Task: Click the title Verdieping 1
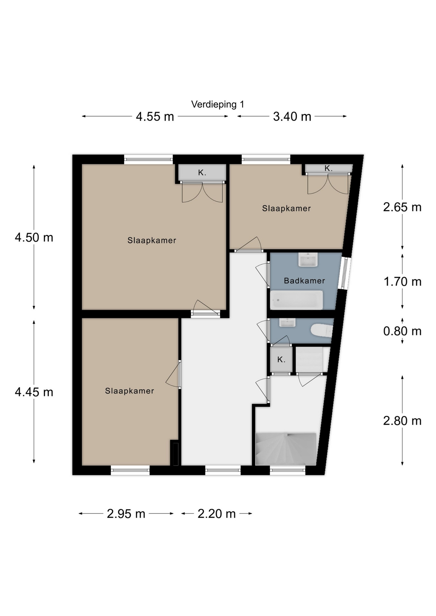217,104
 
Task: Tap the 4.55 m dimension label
155,116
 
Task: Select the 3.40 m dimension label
292,116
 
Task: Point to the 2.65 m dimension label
402,207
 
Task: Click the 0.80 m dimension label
402,331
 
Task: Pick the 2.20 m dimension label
216,514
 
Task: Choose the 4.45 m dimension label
34,392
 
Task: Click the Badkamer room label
304,281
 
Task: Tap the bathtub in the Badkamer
296,300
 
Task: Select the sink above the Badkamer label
308,260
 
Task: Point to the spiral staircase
286,449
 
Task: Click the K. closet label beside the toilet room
281,360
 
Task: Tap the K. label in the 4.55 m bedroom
202,173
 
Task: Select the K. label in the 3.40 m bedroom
328,168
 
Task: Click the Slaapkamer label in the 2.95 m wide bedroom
129,391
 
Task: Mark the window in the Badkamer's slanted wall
344,273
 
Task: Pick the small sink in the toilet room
287,322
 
